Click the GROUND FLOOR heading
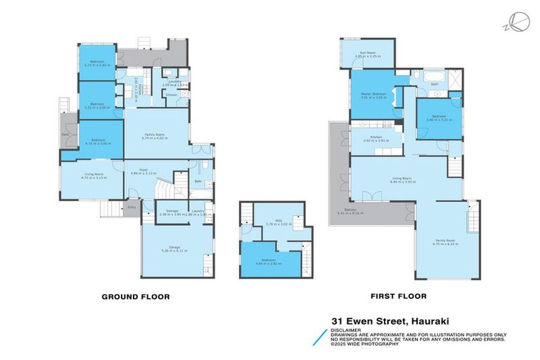point(136,297)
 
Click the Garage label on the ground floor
point(177,247)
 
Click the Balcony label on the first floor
point(344,210)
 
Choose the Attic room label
point(270,220)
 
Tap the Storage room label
point(172,210)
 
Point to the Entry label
point(131,207)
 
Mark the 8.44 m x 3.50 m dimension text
point(402,182)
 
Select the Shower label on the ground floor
point(172,95)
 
